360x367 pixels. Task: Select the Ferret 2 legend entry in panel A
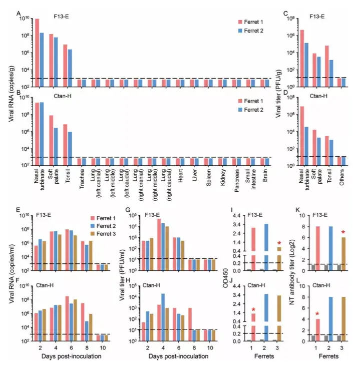(x=256, y=31)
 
